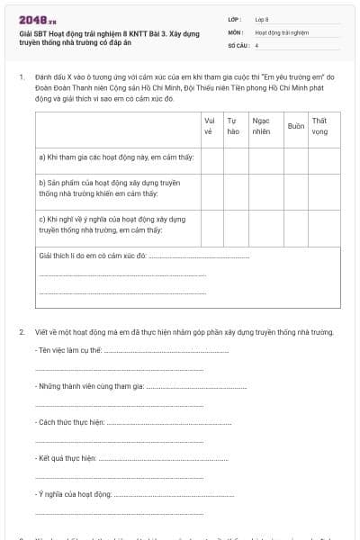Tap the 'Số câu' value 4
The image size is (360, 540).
257,44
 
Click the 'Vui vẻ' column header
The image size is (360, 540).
210,125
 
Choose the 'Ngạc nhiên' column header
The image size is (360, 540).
263,125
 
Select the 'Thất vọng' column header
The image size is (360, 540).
319,125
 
